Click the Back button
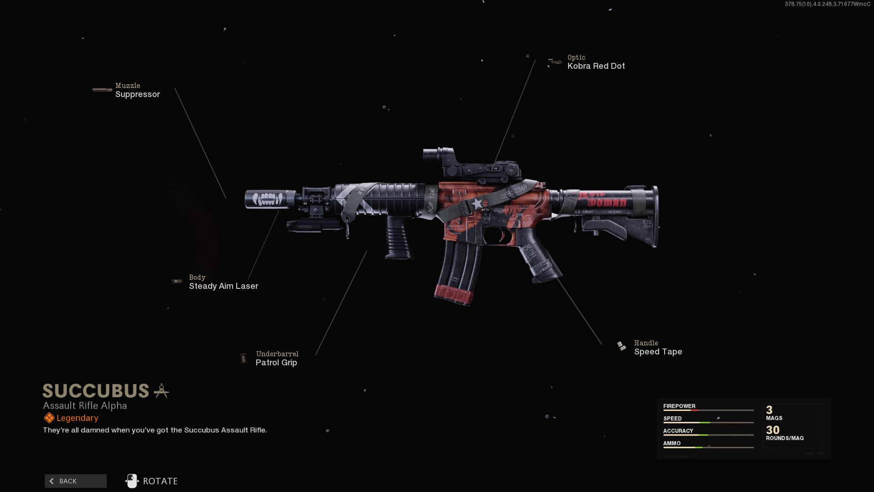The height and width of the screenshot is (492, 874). (76, 481)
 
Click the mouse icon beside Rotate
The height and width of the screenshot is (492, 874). (132, 481)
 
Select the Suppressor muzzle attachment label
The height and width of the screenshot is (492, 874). (137, 94)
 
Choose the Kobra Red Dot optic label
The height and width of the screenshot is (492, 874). (596, 66)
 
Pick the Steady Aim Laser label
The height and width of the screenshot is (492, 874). (224, 286)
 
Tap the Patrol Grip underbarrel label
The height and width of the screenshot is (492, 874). (276, 363)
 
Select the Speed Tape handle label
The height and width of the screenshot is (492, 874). (658, 352)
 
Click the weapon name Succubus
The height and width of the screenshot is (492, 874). (96, 391)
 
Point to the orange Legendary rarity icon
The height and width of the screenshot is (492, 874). (49, 418)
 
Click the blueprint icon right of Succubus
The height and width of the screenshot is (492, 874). (161, 391)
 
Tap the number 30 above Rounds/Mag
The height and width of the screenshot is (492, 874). (772, 430)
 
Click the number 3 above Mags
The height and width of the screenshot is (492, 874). (769, 410)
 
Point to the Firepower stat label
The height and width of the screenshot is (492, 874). (679, 406)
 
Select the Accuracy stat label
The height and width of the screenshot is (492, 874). (678, 430)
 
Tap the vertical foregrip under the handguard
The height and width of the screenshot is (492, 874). (399, 237)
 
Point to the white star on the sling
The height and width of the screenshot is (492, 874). (476, 204)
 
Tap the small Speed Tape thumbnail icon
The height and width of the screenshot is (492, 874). (621, 346)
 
